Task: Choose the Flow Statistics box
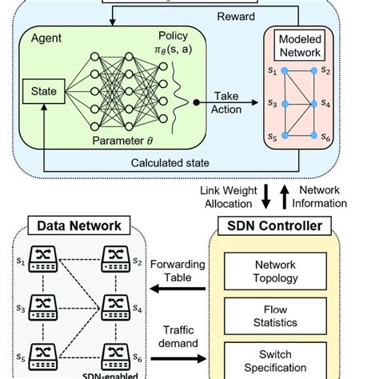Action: point(274,316)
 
